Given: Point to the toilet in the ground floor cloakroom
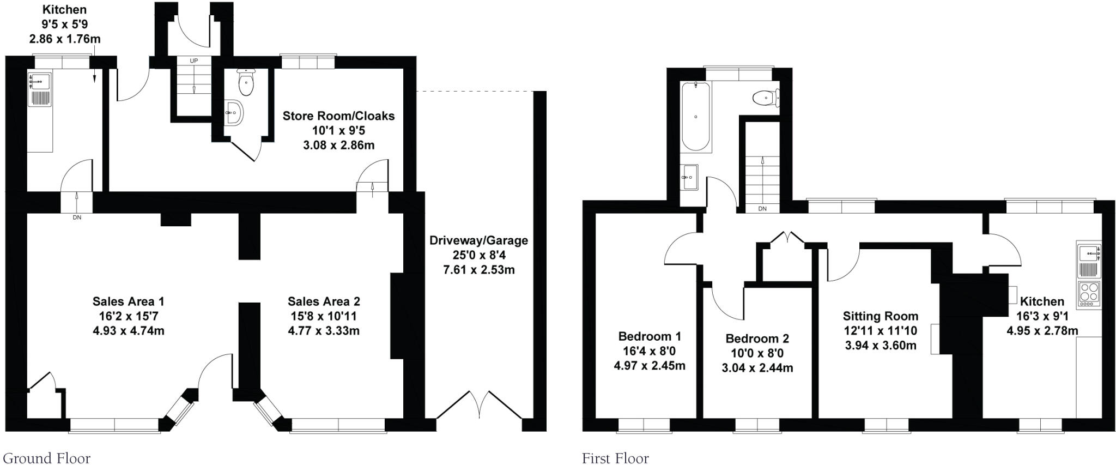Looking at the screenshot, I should tap(246, 83).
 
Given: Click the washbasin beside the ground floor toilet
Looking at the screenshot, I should tap(234, 113).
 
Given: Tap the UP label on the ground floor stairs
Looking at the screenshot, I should tap(193, 61).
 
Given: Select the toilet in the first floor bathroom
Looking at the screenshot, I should tap(766, 98).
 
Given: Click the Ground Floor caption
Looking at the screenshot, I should tap(47, 458).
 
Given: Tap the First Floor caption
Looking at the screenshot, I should tap(615, 458).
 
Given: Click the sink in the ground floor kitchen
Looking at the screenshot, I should tap(39, 82).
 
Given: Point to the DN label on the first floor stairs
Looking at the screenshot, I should tap(762, 209).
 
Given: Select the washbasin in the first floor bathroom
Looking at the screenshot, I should tap(690, 177).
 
